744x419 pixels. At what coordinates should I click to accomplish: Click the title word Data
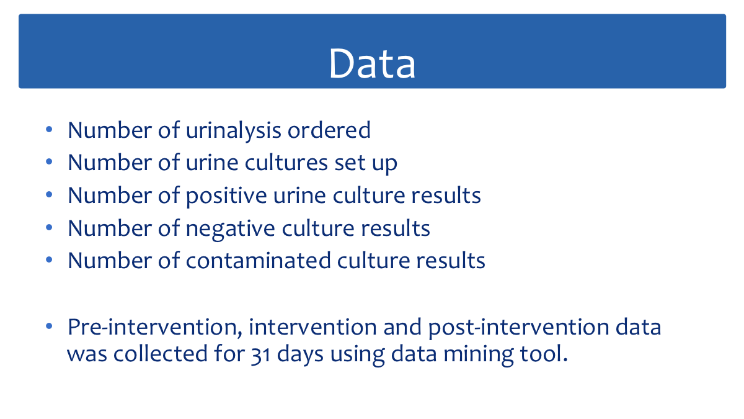coord(372,63)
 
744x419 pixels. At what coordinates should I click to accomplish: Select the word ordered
coord(329,130)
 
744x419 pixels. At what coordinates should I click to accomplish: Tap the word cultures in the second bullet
coord(286,163)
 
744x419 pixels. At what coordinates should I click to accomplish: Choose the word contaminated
coord(258,260)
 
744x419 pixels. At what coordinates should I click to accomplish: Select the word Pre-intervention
coord(155,327)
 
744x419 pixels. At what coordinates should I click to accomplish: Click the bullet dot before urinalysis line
coord(49,129)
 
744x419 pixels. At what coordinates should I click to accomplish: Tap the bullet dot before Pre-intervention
coord(49,327)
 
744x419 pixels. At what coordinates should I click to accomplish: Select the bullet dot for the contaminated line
coord(49,259)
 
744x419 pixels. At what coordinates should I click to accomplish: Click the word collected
coord(161,353)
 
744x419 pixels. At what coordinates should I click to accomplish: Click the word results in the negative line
coord(396,228)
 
